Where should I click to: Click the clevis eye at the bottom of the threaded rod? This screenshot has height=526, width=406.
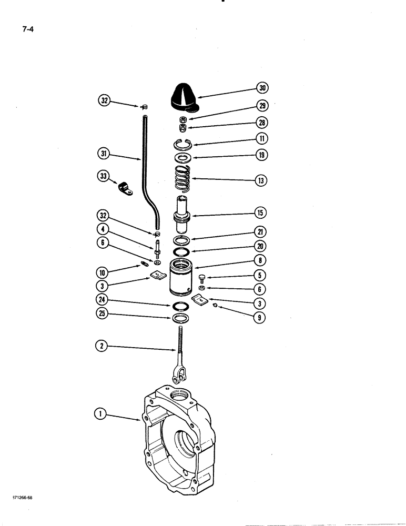179,376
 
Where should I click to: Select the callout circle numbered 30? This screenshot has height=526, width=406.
261,87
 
